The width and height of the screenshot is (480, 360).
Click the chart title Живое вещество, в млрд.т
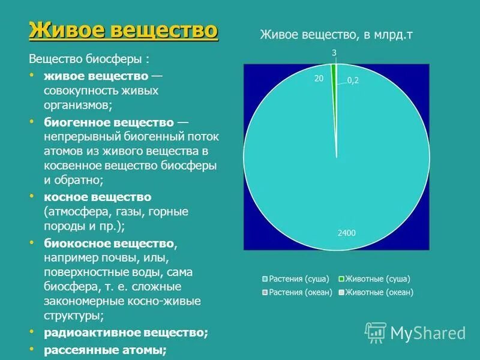(x=336, y=35)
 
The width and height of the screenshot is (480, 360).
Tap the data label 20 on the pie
(x=319, y=78)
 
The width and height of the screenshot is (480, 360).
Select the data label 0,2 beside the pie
(x=353, y=81)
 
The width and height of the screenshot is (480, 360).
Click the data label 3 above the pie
(x=334, y=53)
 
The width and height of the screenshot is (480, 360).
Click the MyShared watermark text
(x=428, y=333)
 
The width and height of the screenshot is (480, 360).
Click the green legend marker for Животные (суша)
(x=341, y=279)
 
